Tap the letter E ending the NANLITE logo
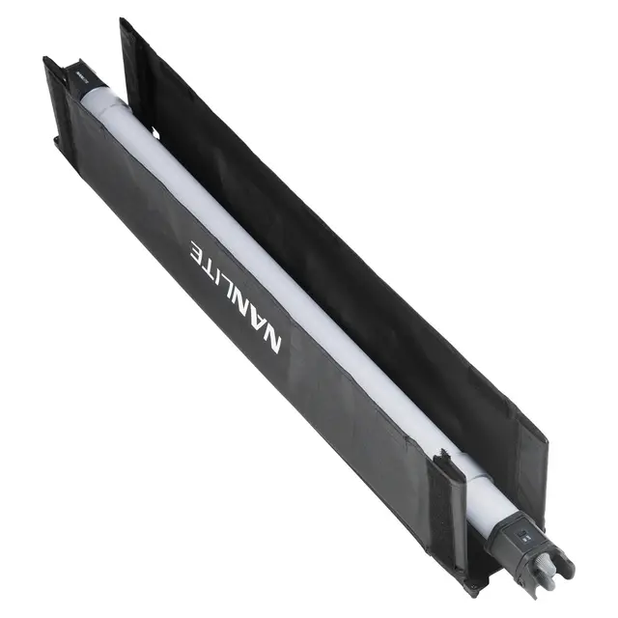tap(200, 251)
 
